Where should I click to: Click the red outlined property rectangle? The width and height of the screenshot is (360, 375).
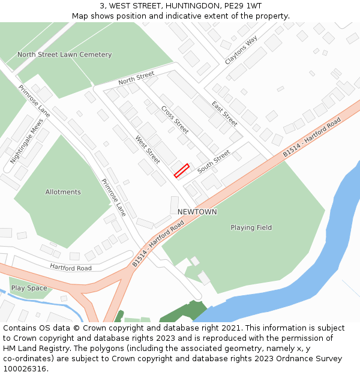[x=181, y=170]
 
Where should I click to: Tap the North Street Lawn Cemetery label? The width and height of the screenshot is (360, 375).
[x=64, y=55]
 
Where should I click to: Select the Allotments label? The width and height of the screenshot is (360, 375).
[x=63, y=192]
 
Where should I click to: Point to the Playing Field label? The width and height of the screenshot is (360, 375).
[x=251, y=227]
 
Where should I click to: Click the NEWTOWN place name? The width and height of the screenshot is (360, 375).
[x=197, y=212]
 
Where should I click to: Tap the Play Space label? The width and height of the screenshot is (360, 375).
[x=29, y=288]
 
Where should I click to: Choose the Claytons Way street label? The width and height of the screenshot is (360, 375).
[x=241, y=50]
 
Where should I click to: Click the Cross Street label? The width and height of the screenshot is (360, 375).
[x=175, y=120]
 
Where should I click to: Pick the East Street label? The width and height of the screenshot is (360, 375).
[x=224, y=113]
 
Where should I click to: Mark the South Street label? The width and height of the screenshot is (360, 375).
[x=214, y=161]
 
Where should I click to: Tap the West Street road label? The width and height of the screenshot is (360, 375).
[x=147, y=149]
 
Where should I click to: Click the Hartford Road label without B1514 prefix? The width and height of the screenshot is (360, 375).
[x=71, y=268]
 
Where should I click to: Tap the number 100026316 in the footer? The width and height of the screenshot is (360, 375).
[x=25, y=368]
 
